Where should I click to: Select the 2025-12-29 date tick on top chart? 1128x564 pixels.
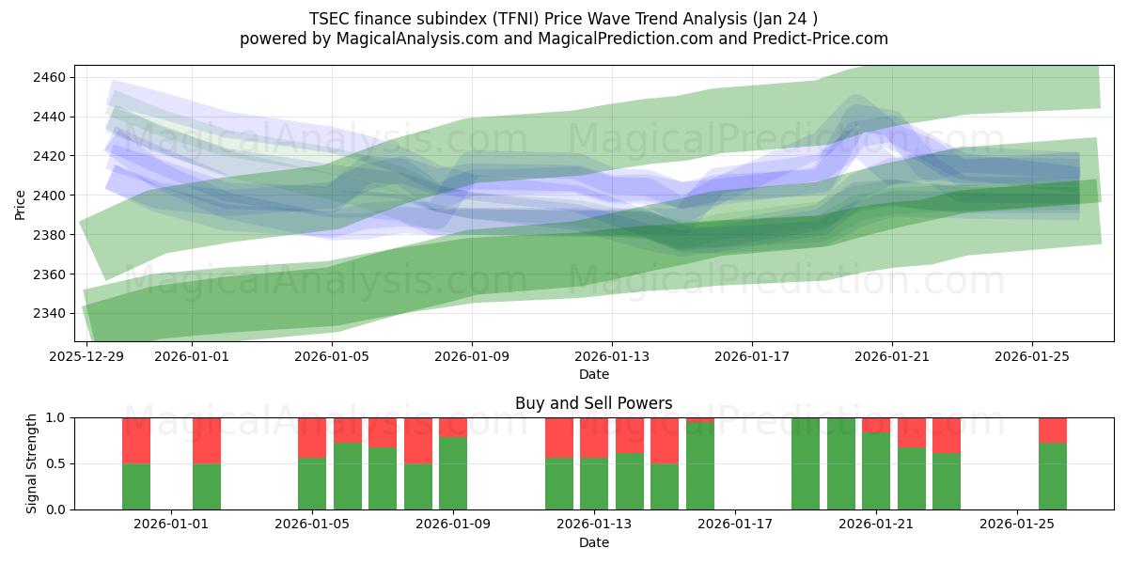[87, 356]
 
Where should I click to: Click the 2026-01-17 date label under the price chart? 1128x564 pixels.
[751, 356]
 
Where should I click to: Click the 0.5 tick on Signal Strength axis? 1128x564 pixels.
[55, 463]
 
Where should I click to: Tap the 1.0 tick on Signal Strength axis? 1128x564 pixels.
[55, 417]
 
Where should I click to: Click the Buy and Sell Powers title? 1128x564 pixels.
[593, 403]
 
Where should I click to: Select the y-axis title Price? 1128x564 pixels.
[21, 203]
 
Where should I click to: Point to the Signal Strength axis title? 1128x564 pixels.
[32, 463]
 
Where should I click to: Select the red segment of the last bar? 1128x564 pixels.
[1053, 430]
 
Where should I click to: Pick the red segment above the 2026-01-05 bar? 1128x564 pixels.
[312, 437]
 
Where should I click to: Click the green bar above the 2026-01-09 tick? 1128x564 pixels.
[453, 473]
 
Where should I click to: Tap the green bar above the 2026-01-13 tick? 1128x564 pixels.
[594, 483]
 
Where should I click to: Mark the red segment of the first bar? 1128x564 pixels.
[136, 440]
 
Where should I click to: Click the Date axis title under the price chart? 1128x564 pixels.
[593, 374]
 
